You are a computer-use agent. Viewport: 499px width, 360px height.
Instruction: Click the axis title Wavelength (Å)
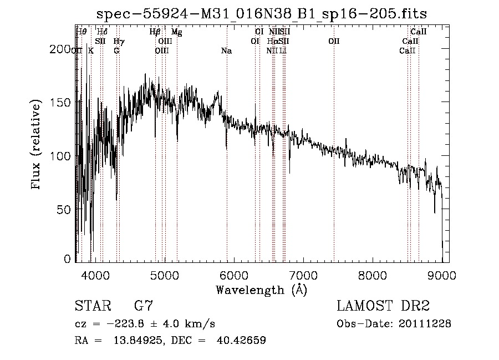click(261, 290)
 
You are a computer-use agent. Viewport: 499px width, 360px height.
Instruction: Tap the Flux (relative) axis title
click(37, 145)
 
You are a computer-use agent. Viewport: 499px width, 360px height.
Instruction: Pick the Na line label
click(226, 51)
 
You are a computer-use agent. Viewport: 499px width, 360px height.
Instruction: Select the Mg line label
click(176, 32)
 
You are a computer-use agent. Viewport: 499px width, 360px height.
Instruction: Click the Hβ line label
click(155, 32)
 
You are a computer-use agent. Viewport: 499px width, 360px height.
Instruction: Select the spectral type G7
click(144, 306)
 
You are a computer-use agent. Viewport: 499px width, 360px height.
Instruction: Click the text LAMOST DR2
click(383, 306)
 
